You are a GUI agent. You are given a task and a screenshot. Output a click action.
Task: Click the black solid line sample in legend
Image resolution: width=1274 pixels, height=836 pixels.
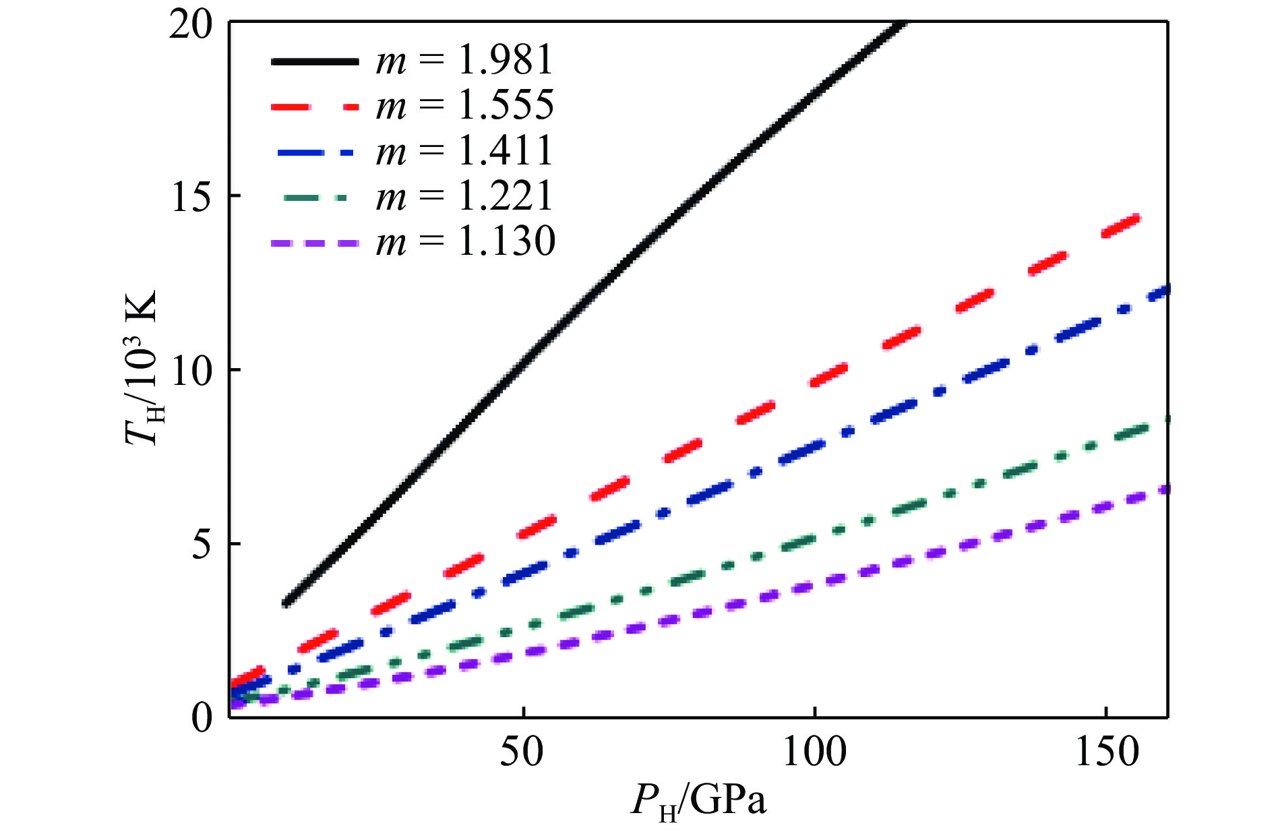315,61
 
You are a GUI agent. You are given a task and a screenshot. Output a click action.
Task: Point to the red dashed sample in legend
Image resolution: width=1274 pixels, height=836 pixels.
315,107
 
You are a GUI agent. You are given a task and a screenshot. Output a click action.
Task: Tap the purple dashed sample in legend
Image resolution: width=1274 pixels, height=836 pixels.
315,243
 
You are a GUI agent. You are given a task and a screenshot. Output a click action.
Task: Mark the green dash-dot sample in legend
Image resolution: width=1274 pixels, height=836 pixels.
315,198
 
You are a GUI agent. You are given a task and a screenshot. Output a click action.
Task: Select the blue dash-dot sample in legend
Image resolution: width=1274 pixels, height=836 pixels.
315,152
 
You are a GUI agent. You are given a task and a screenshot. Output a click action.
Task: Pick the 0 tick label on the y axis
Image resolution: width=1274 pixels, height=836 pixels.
202,718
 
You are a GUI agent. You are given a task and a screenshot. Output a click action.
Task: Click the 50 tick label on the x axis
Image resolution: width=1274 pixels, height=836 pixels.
521,751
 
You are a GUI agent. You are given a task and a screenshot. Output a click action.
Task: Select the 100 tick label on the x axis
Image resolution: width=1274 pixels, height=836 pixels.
814,751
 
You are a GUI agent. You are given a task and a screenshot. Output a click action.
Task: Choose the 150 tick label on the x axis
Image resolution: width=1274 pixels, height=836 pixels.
1107,751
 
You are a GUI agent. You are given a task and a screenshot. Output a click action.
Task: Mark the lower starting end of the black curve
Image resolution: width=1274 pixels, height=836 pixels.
286,603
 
